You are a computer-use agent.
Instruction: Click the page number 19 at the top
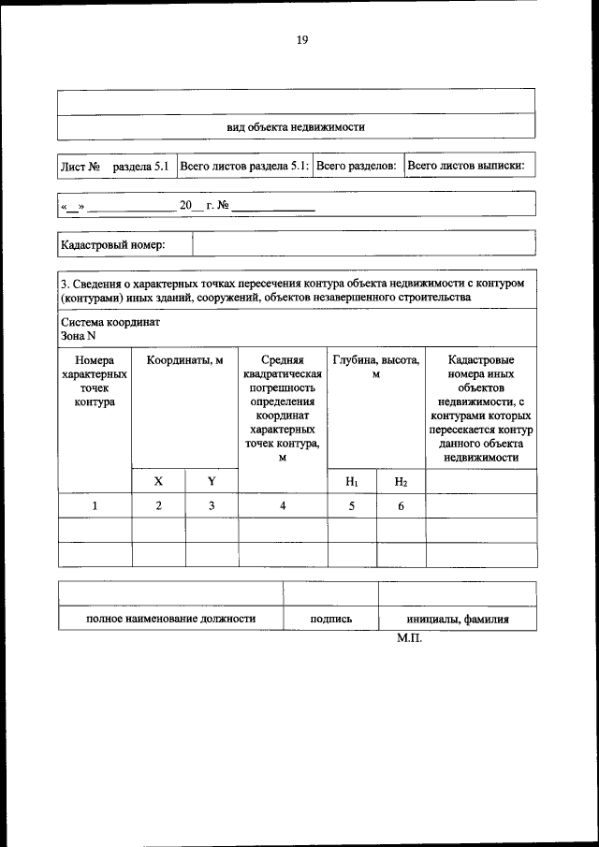(301, 39)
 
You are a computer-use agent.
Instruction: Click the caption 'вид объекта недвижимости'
(296, 126)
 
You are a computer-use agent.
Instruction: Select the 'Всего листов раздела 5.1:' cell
(243, 166)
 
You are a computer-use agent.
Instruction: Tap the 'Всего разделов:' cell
(357, 166)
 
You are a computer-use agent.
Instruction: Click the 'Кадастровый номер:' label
(112, 244)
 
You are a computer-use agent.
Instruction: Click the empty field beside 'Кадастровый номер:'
(363, 244)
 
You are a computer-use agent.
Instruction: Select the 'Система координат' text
(110, 322)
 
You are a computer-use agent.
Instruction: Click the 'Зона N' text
(79, 336)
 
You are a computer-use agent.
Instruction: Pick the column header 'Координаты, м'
(184, 360)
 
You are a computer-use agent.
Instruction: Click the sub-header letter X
(158, 481)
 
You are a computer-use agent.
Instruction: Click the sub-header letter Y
(212, 481)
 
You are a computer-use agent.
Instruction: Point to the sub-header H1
(352, 481)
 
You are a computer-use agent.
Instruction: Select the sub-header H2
(401, 481)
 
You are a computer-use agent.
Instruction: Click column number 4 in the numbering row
(283, 506)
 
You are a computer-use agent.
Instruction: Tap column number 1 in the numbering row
(94, 506)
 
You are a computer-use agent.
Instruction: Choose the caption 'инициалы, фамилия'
(457, 620)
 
